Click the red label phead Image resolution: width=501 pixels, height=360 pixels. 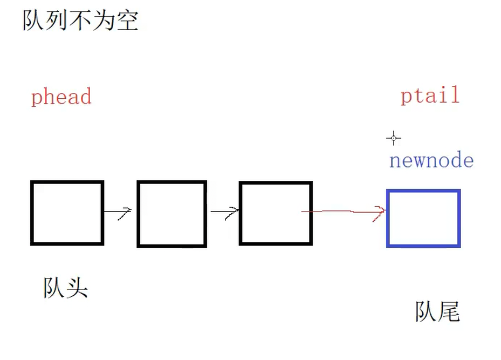[x=61, y=97]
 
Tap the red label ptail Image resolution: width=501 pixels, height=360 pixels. [x=430, y=96]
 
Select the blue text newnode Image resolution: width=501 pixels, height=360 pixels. [x=431, y=160]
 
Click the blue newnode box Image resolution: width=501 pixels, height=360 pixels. [x=423, y=218]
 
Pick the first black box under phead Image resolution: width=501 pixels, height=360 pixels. [x=67, y=213]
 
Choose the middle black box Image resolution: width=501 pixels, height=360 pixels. [x=171, y=214]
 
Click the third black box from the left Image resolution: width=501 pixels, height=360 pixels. [x=276, y=213]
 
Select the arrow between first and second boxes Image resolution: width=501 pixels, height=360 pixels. [x=118, y=212]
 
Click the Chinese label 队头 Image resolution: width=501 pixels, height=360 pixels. [x=65, y=288]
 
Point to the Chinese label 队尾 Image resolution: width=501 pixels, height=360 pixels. [x=437, y=311]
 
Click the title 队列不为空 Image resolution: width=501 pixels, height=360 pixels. [x=80, y=20]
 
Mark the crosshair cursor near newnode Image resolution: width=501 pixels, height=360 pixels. [x=394, y=138]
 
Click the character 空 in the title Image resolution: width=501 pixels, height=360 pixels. [x=127, y=20]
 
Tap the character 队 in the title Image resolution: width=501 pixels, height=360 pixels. [x=33, y=20]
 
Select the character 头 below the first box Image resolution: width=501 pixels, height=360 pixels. [x=77, y=288]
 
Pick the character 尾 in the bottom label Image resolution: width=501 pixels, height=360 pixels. [x=449, y=311]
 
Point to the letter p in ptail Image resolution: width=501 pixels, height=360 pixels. [x=407, y=97]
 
